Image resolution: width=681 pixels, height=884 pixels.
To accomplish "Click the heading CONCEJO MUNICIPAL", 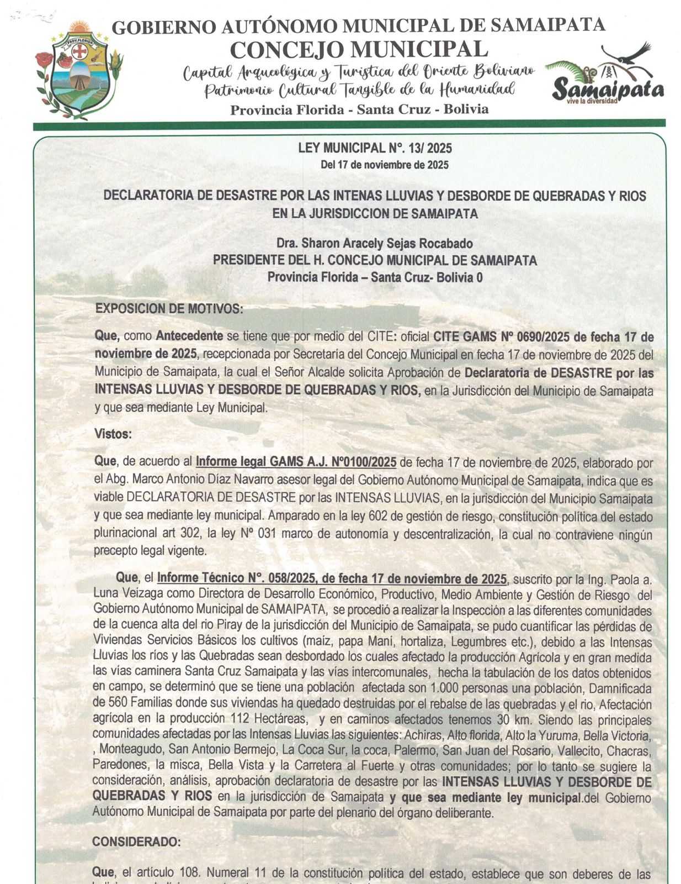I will coord(359,49).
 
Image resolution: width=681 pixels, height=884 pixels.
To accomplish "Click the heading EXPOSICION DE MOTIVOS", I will coord(169,309).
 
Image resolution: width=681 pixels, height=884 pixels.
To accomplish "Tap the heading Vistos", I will coord(113,434).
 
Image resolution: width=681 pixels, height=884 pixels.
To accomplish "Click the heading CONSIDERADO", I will coord(136,841).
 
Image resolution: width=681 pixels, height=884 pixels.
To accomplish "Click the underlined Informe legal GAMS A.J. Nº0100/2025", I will coord(296,462).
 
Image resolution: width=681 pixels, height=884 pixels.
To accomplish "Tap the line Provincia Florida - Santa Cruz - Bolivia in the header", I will coord(359,109).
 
